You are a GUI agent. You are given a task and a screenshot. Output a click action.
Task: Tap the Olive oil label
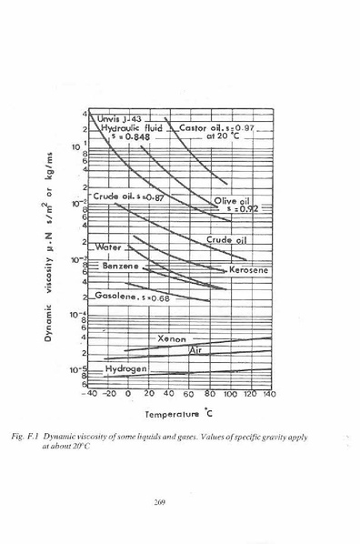pyautogui.click(x=232, y=201)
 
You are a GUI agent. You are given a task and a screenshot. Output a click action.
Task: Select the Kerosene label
pyautogui.click(x=248, y=271)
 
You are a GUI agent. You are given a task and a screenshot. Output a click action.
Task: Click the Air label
pyautogui.click(x=195, y=350)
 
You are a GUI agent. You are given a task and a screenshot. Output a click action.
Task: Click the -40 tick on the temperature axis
pyautogui.click(x=88, y=395)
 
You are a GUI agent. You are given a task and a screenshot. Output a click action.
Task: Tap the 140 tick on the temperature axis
pyautogui.click(x=268, y=395)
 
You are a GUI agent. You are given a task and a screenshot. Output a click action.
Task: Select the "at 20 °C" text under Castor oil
pyautogui.click(x=223, y=137)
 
